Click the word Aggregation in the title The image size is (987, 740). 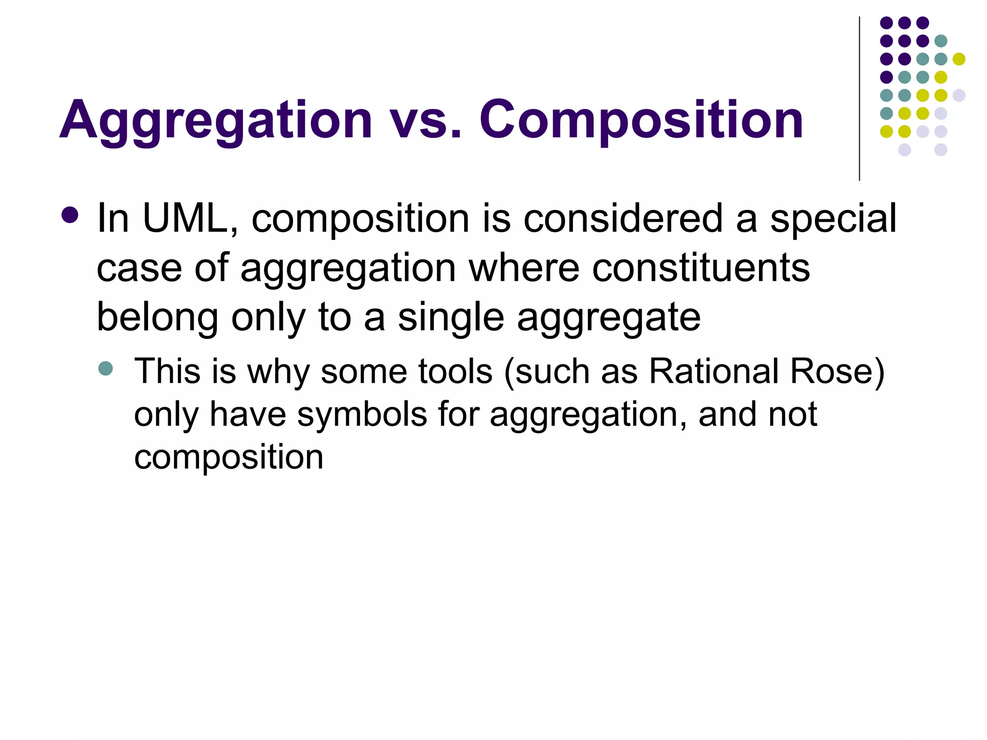click(x=215, y=120)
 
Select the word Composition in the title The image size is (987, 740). click(x=641, y=120)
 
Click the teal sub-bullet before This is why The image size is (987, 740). click(x=105, y=369)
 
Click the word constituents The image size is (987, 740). click(x=701, y=268)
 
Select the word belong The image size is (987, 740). click(x=158, y=318)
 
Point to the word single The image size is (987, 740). click(x=451, y=318)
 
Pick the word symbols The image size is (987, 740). click(x=362, y=414)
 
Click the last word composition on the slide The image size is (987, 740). click(x=228, y=458)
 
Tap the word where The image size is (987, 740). click(x=524, y=268)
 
